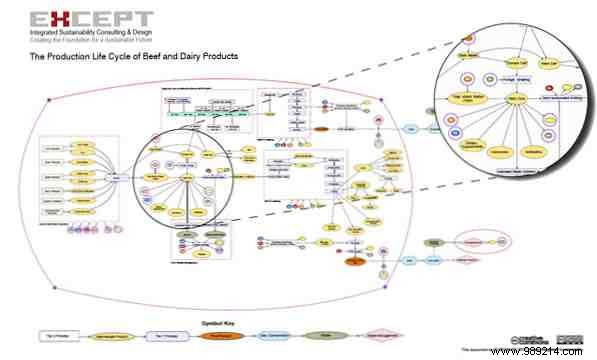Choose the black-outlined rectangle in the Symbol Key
[x=61, y=337]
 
